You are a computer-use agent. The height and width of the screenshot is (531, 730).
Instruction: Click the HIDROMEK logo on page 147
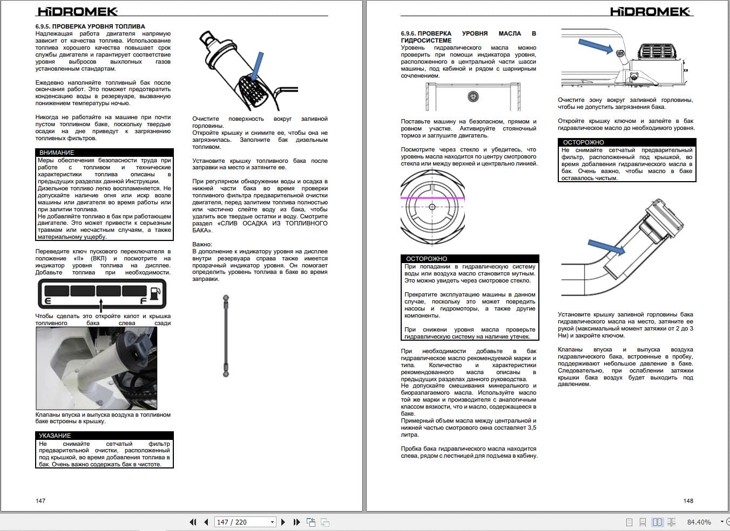tap(77, 11)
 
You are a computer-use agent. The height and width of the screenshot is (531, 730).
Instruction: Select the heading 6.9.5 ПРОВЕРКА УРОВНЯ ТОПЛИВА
tap(90, 26)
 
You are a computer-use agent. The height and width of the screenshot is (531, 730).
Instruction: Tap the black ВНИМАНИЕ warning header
tap(104, 153)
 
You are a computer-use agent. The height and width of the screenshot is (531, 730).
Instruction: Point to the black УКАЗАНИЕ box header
tap(104, 435)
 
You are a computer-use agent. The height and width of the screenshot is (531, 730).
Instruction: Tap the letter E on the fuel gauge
tap(48, 300)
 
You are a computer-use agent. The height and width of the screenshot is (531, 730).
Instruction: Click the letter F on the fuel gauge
tap(143, 300)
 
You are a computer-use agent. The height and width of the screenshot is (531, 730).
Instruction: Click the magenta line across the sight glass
tap(432, 198)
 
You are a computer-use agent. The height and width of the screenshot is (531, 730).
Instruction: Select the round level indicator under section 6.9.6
tap(473, 96)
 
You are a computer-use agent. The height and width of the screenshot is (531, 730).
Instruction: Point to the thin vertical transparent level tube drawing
tap(226, 335)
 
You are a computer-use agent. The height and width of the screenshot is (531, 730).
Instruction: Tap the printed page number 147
tap(40, 501)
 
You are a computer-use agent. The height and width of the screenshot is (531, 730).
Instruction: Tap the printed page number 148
tap(688, 501)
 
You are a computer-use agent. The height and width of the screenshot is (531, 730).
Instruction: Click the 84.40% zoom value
tap(699, 522)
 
